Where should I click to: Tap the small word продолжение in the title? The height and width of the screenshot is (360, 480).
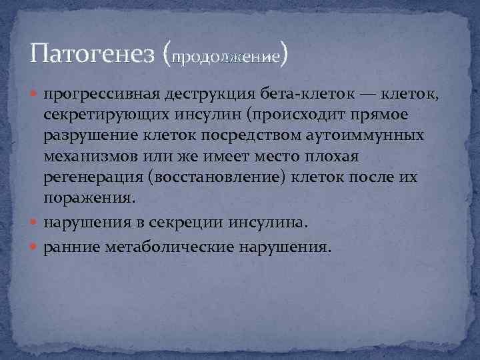coord(226,57)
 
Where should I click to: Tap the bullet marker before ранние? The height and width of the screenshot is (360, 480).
coord(35,247)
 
